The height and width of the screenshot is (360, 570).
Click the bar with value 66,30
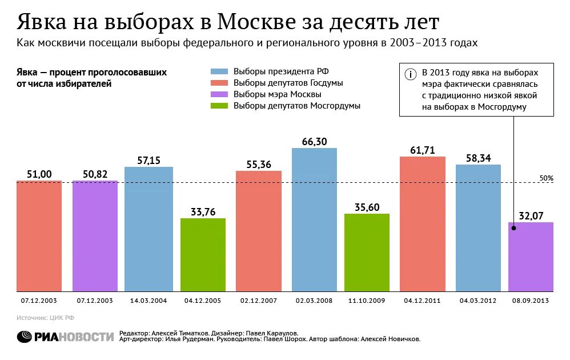314,220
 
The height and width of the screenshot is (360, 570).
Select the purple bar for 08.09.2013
531,257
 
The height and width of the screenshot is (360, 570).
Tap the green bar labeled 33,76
203,255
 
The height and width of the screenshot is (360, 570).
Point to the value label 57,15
148,161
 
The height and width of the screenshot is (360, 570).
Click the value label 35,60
367,207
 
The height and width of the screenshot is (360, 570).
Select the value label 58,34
478,158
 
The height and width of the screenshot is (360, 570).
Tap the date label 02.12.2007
258,300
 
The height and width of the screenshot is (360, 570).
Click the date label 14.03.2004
148,300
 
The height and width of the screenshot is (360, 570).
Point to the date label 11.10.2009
367,300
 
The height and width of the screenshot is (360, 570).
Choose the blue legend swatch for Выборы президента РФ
219,71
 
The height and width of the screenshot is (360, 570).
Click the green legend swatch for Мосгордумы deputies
219,106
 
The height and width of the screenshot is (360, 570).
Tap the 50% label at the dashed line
546,178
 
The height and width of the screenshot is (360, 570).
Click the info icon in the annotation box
410,74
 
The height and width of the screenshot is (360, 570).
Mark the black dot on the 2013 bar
513,228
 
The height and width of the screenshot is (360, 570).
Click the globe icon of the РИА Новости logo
25,337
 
